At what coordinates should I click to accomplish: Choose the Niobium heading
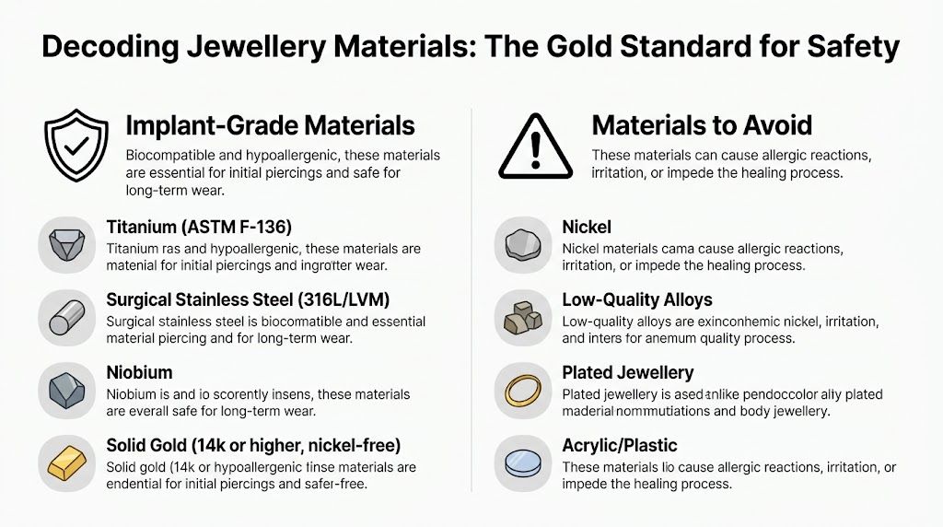click(x=139, y=372)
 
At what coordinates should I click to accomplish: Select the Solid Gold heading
click(x=253, y=445)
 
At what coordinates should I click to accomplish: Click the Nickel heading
click(x=587, y=227)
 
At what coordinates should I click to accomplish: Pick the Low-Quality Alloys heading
click(x=637, y=299)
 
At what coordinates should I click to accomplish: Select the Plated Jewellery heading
click(x=628, y=372)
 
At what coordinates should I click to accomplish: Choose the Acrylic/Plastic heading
click(x=620, y=445)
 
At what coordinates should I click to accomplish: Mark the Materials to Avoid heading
click(x=702, y=125)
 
